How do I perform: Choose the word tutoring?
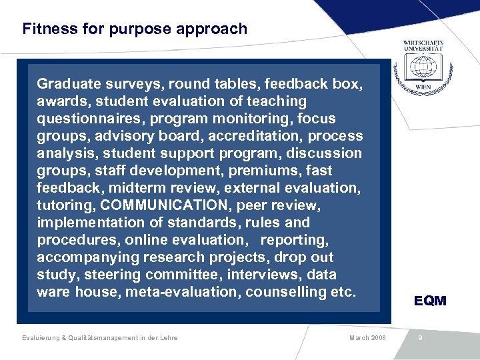click(x=63, y=205)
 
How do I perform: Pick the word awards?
click(x=63, y=101)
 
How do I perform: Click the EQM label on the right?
click(x=430, y=301)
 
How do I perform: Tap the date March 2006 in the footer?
click(x=367, y=338)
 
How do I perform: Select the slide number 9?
click(x=420, y=338)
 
